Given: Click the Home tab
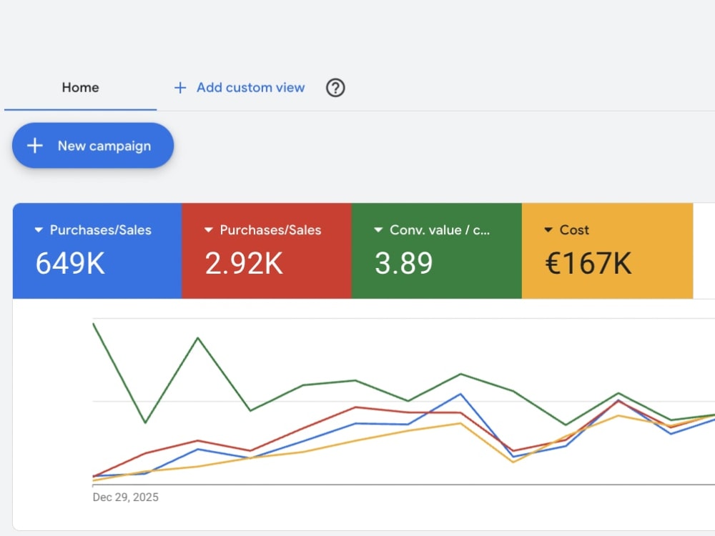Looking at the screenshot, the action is (x=80, y=87).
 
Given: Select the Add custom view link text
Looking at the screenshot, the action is (x=250, y=87).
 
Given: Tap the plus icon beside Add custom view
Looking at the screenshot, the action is (x=180, y=87).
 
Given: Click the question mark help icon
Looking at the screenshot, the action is (x=335, y=87).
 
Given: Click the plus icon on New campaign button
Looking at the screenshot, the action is (x=34, y=146).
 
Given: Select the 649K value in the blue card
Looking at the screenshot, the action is (x=70, y=264).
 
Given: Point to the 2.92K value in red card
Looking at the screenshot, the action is (x=244, y=264).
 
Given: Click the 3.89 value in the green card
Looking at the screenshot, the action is (x=403, y=264).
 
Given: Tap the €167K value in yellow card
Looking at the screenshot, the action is (x=588, y=264).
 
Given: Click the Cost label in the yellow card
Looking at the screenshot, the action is (x=574, y=229).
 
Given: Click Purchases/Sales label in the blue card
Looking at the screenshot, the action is (x=100, y=229).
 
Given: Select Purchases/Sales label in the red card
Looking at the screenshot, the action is (x=270, y=229).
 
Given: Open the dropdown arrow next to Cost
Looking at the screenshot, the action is (x=548, y=229).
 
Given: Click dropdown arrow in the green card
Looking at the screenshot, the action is (x=378, y=229).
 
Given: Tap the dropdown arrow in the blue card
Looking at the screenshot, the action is (x=39, y=229).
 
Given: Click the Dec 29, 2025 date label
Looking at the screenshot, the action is (x=125, y=497).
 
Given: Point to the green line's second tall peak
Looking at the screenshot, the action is (x=197, y=338).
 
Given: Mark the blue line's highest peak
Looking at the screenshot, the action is (x=460, y=394).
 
